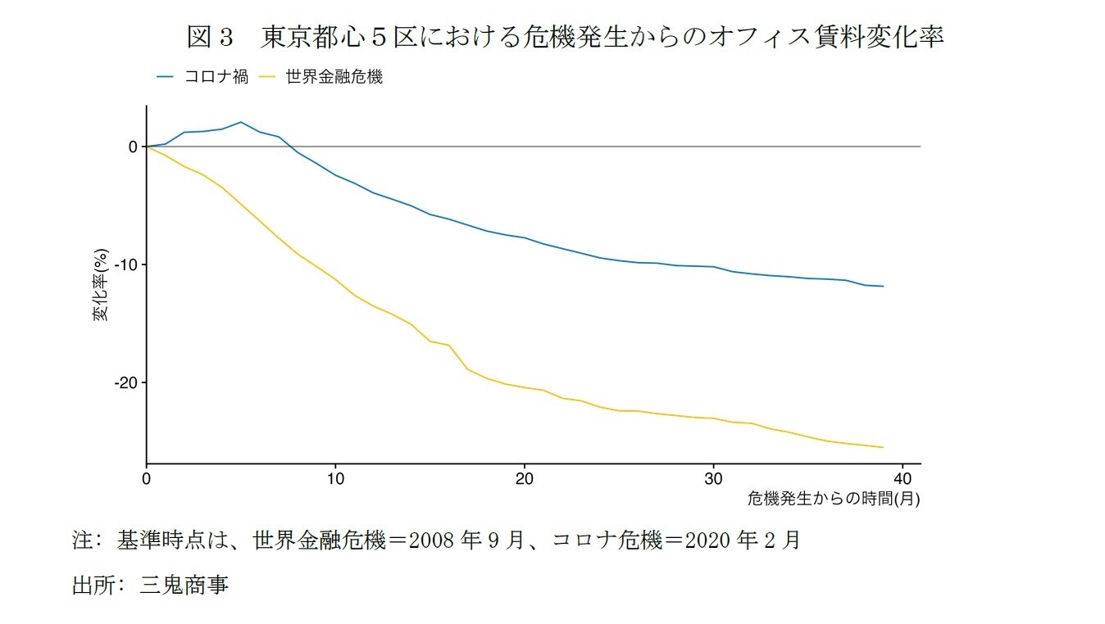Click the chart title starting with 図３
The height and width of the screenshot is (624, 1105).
565,38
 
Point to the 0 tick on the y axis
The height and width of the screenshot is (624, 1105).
132,147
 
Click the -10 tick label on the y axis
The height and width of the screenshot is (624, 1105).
125,265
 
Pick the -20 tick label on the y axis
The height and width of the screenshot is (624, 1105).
125,382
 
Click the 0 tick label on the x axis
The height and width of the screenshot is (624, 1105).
147,478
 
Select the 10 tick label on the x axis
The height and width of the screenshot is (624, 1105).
335,478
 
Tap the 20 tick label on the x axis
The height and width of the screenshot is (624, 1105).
525,478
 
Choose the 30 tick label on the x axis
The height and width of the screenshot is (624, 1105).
713,478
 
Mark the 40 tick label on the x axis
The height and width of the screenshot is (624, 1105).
902,478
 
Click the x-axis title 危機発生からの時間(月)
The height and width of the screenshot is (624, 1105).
833,498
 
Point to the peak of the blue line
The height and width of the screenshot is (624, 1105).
240,122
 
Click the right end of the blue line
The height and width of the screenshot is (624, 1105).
883,286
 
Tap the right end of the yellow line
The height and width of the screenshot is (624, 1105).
883,447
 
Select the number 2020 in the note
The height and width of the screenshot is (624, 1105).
707,540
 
